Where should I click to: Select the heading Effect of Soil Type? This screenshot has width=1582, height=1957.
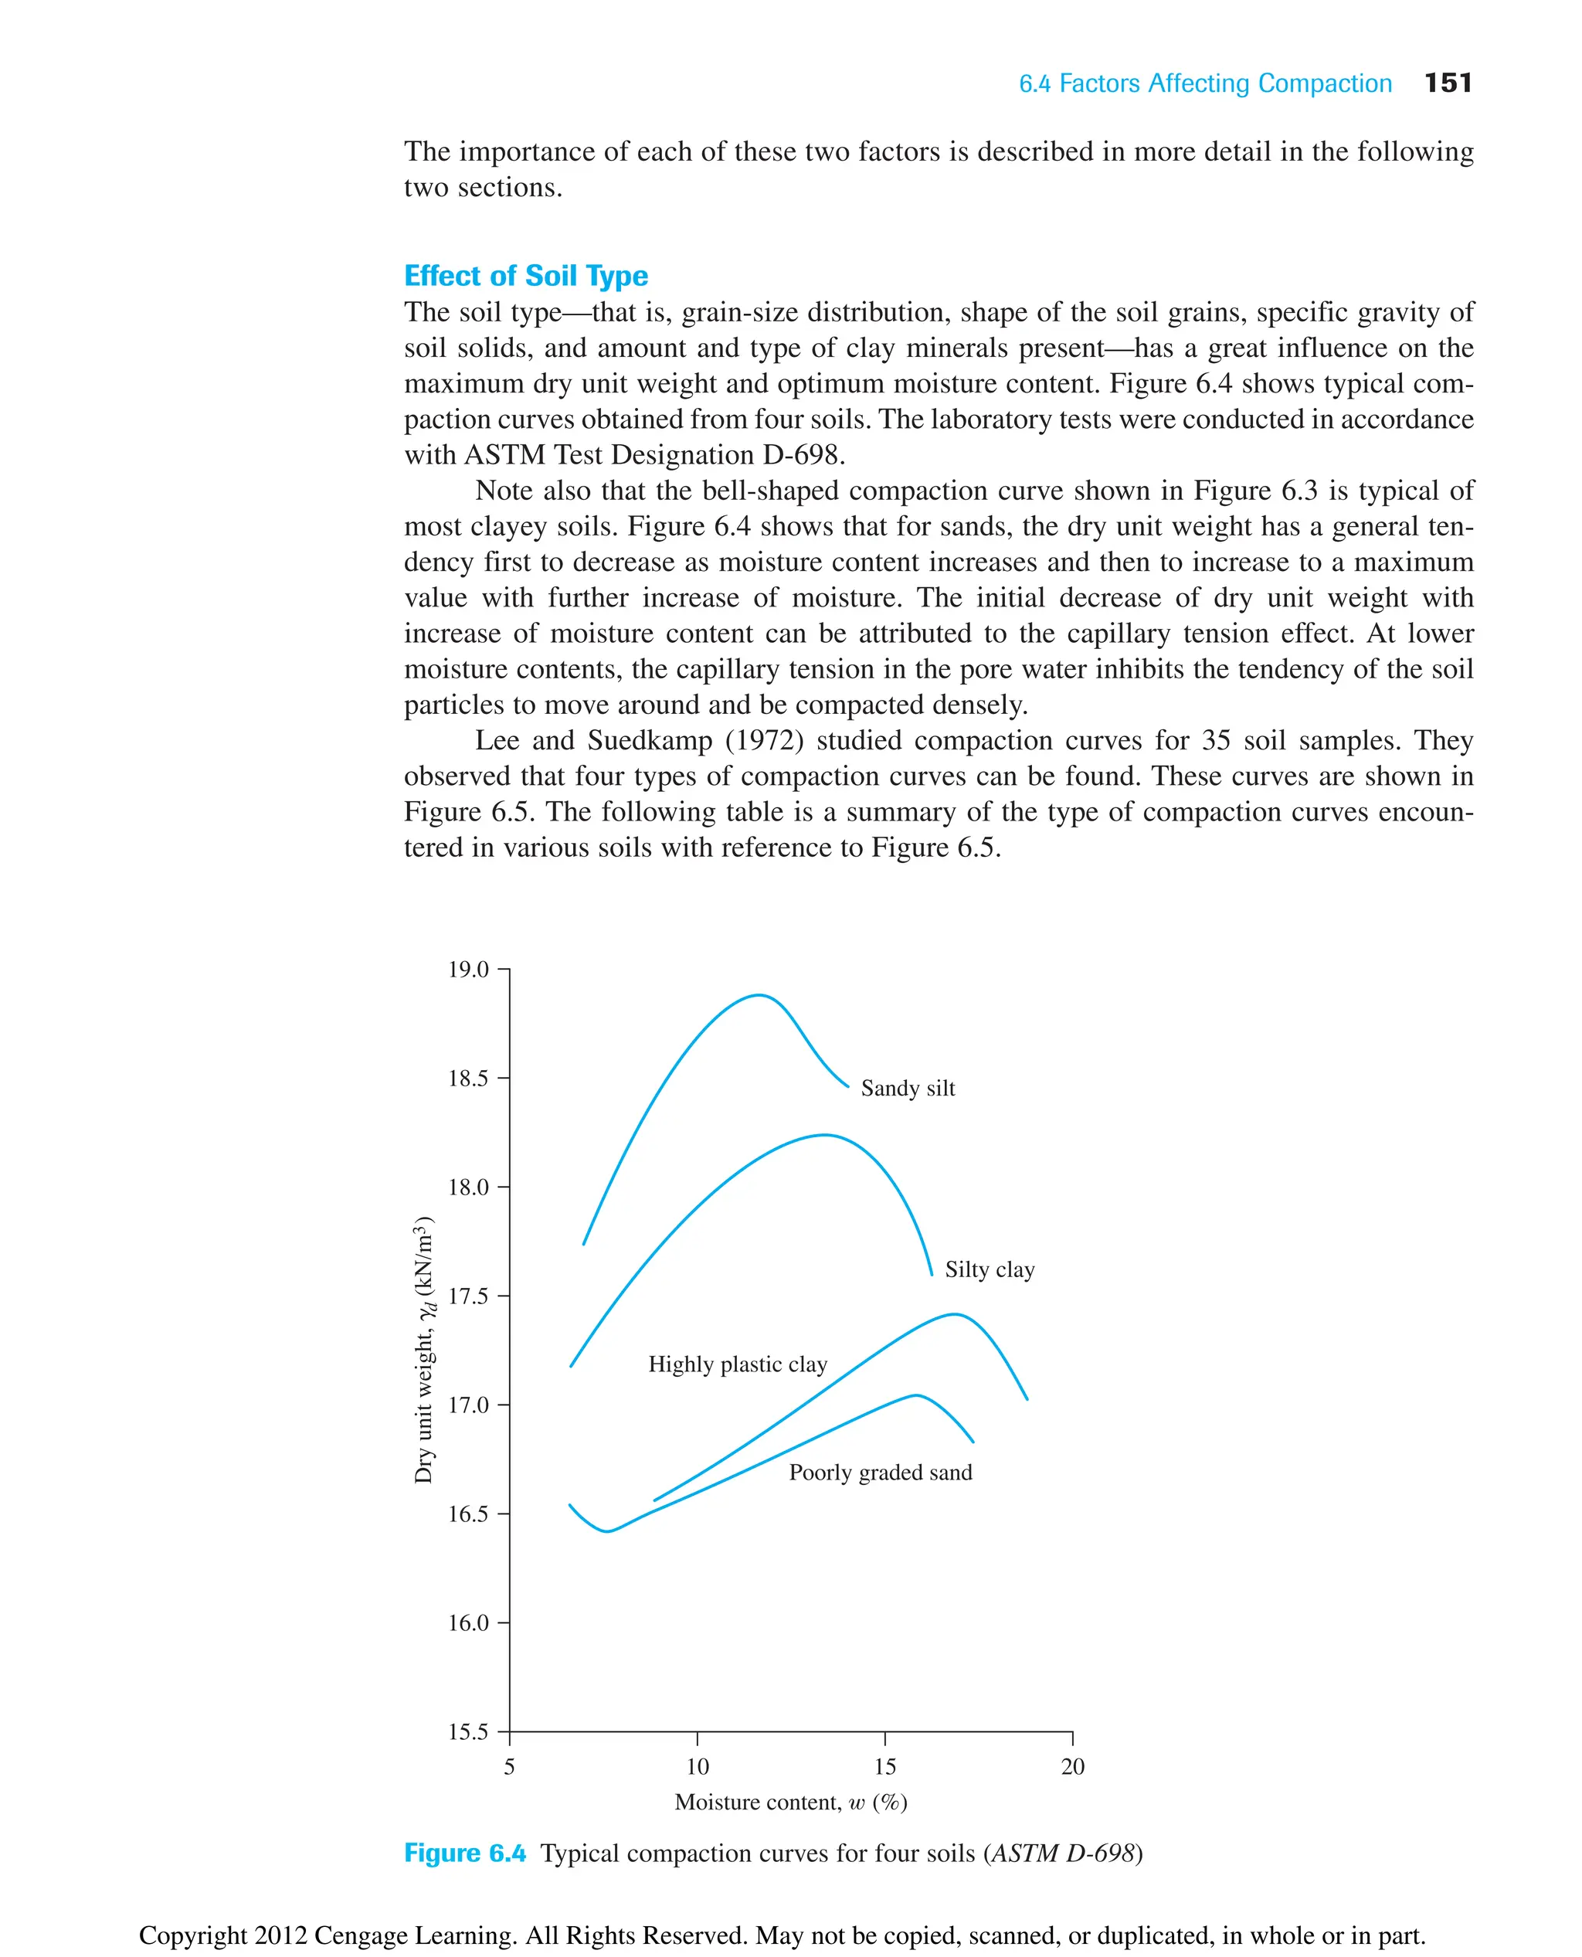(x=526, y=275)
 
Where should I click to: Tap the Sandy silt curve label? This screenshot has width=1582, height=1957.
(x=908, y=1089)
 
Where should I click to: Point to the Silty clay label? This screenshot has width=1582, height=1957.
(x=989, y=1269)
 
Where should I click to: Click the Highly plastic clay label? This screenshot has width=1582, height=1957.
(x=737, y=1364)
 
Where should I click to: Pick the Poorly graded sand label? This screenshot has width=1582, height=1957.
(x=881, y=1473)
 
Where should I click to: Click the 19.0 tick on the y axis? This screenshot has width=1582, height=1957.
(x=468, y=970)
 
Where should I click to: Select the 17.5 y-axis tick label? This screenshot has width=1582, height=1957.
(x=468, y=1296)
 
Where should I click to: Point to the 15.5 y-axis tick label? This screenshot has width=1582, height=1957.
(x=468, y=1732)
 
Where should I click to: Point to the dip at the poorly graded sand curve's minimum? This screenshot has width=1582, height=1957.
(x=607, y=1531)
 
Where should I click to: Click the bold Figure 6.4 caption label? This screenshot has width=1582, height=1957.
(x=465, y=1854)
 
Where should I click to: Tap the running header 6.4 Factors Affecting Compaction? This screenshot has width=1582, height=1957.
(x=1205, y=84)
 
